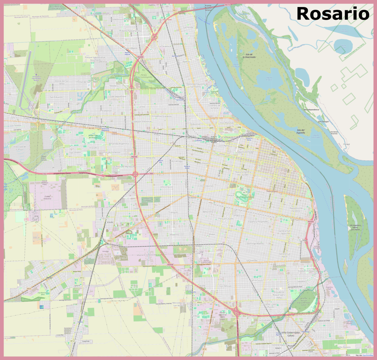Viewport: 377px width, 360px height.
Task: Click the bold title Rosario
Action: [332, 14]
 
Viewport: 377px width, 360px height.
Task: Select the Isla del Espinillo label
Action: [301, 131]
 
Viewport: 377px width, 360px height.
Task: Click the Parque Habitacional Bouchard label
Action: [95, 59]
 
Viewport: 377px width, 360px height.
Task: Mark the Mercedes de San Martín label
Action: [178, 304]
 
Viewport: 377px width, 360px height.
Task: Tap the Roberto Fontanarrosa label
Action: [130, 31]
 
